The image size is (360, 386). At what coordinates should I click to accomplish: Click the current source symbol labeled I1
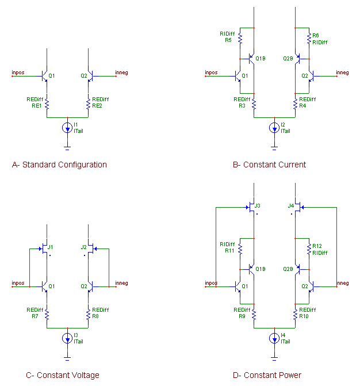click(x=67, y=128)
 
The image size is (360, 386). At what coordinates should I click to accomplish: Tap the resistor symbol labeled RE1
click(x=47, y=104)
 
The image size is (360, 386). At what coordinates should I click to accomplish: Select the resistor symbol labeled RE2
click(x=88, y=104)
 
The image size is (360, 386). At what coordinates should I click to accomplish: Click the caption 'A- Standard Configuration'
click(x=59, y=165)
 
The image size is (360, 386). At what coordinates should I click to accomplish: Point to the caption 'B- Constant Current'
click(x=269, y=165)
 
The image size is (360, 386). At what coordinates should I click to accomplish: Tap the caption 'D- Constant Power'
click(x=267, y=375)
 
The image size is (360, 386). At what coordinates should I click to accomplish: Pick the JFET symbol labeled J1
click(x=45, y=249)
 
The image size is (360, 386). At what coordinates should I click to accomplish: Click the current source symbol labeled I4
click(x=274, y=338)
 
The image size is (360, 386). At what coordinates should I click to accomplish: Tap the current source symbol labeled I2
click(x=274, y=128)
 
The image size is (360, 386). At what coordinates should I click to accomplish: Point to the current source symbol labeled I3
click(x=67, y=338)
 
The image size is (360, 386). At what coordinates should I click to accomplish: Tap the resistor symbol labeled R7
click(x=47, y=315)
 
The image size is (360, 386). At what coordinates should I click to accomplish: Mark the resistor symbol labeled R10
click(x=295, y=315)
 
